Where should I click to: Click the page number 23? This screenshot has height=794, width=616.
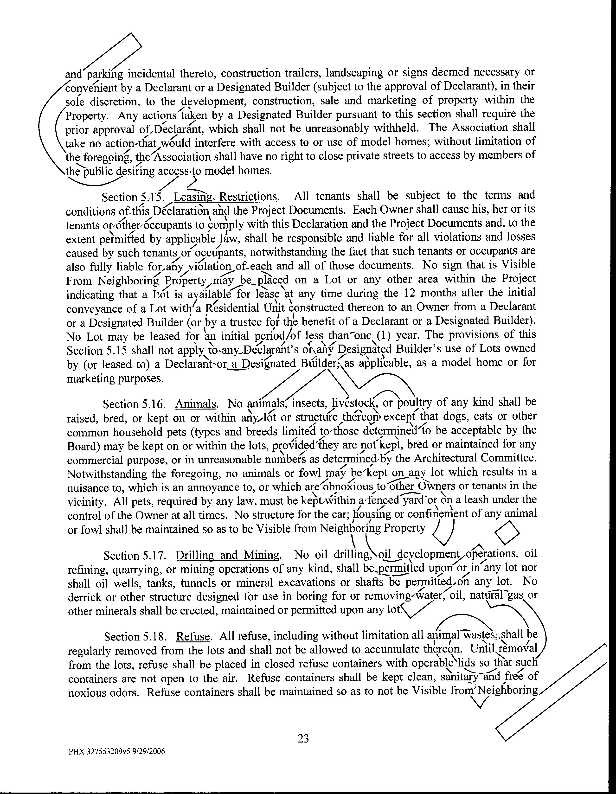[x=303, y=738]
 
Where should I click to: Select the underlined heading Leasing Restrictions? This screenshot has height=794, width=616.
[x=226, y=197]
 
